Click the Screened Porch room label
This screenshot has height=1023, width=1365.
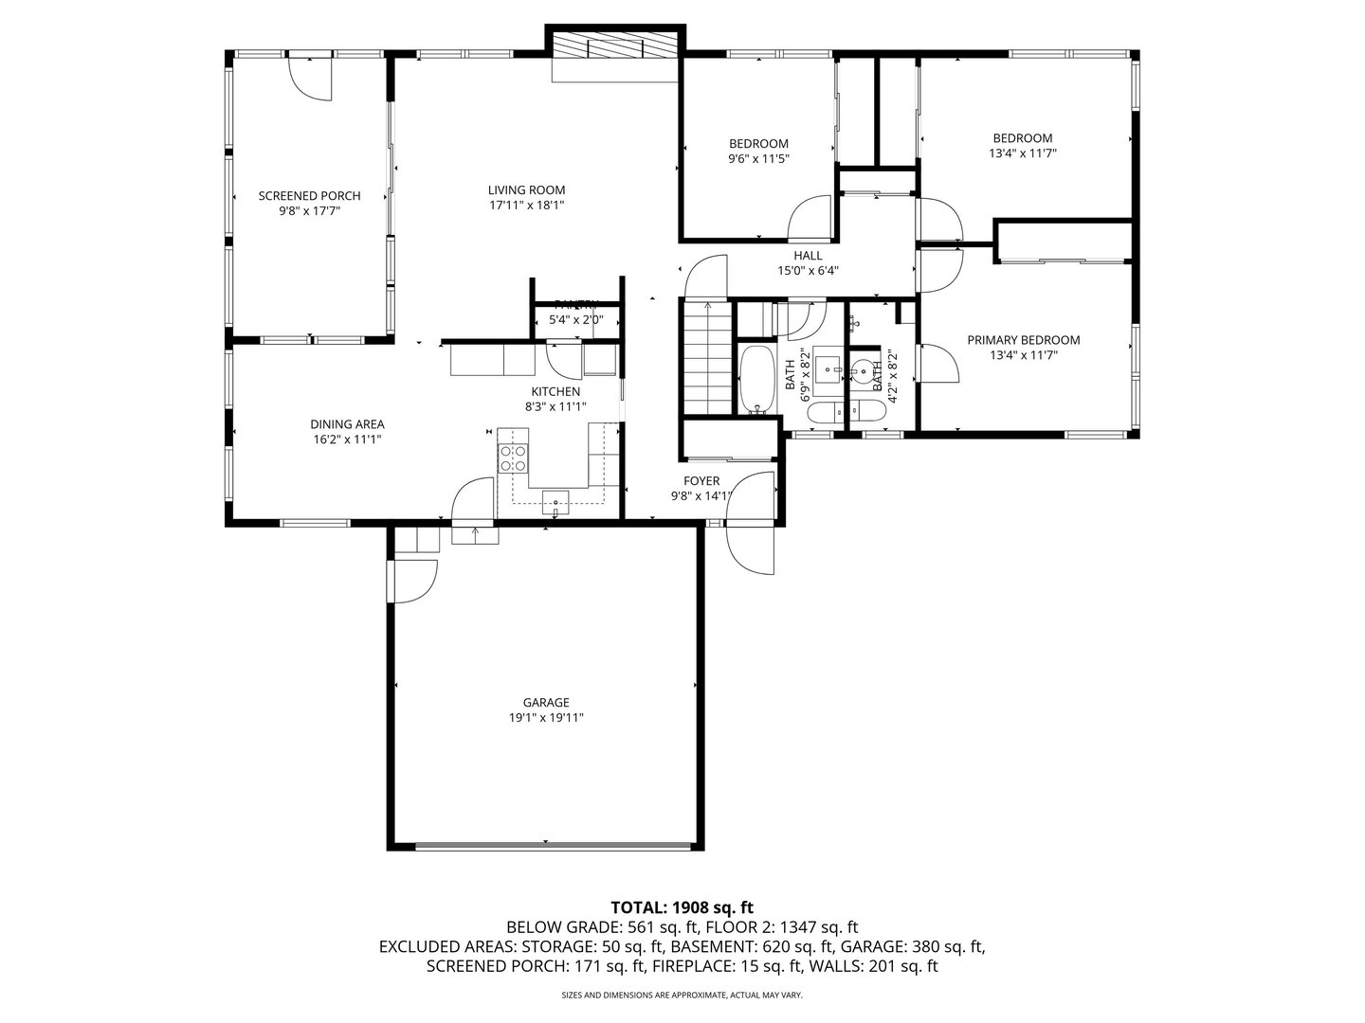(x=309, y=196)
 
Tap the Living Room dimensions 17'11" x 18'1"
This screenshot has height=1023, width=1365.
(x=527, y=205)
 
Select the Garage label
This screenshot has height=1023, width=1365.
(x=546, y=703)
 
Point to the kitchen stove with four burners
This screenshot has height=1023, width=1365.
(x=513, y=458)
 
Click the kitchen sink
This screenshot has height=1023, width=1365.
(x=555, y=501)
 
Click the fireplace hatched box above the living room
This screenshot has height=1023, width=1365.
(x=614, y=47)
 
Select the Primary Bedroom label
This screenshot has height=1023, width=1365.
(x=1023, y=340)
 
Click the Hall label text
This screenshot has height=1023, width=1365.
(x=808, y=256)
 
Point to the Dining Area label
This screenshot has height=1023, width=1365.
(x=347, y=424)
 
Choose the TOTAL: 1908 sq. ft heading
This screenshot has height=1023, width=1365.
(x=682, y=907)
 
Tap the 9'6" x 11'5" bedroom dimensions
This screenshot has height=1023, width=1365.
(x=758, y=159)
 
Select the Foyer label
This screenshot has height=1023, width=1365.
(x=701, y=481)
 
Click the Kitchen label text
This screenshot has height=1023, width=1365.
(x=555, y=391)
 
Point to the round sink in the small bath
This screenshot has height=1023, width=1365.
(x=864, y=370)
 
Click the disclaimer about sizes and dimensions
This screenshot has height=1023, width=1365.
(x=682, y=996)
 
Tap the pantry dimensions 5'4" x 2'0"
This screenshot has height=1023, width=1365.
(x=576, y=320)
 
